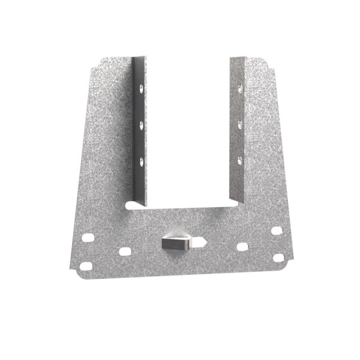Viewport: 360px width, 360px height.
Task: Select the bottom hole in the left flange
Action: (141, 161)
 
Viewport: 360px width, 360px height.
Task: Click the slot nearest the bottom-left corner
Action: (88, 265)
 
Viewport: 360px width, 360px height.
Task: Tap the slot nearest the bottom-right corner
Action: (278, 258)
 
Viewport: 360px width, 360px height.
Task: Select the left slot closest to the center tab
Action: (125, 251)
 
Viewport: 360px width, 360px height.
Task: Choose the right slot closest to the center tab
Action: (242, 247)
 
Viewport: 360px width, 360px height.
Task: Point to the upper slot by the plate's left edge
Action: (89, 238)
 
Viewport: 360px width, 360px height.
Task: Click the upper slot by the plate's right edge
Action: (277, 230)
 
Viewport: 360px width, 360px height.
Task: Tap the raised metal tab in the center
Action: (176, 243)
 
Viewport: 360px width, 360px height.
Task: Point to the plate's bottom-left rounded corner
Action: (80, 274)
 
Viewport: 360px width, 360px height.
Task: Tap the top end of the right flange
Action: (237, 59)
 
